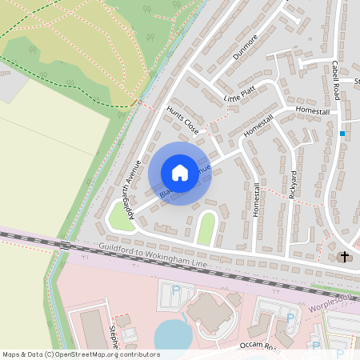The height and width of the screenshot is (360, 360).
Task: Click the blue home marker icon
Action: tap(179, 172)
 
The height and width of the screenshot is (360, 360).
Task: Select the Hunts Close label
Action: tap(182, 118)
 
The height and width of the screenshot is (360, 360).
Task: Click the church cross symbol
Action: tap(345, 257)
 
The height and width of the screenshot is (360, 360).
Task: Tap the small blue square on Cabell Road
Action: tap(342, 133)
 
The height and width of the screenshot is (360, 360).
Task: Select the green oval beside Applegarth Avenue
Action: tap(121, 215)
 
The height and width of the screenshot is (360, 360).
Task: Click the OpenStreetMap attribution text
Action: tap(81, 354)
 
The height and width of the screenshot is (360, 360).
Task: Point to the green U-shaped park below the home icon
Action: tap(206, 229)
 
